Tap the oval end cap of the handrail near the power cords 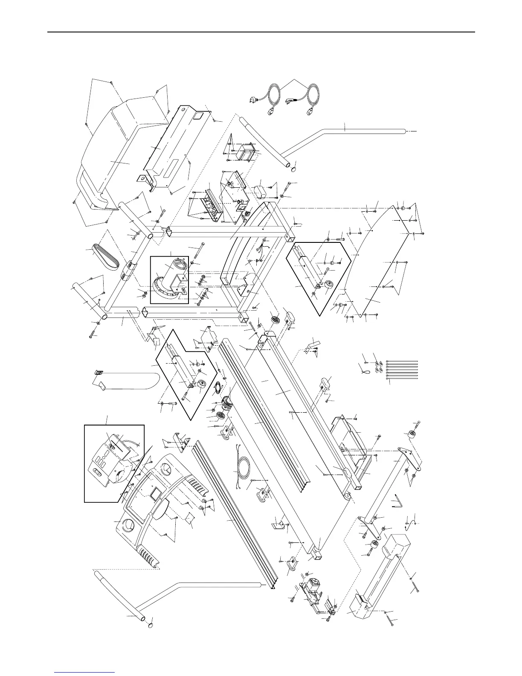coord(293,164)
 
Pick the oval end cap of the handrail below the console coord(151,626)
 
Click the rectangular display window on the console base coord(155,493)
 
